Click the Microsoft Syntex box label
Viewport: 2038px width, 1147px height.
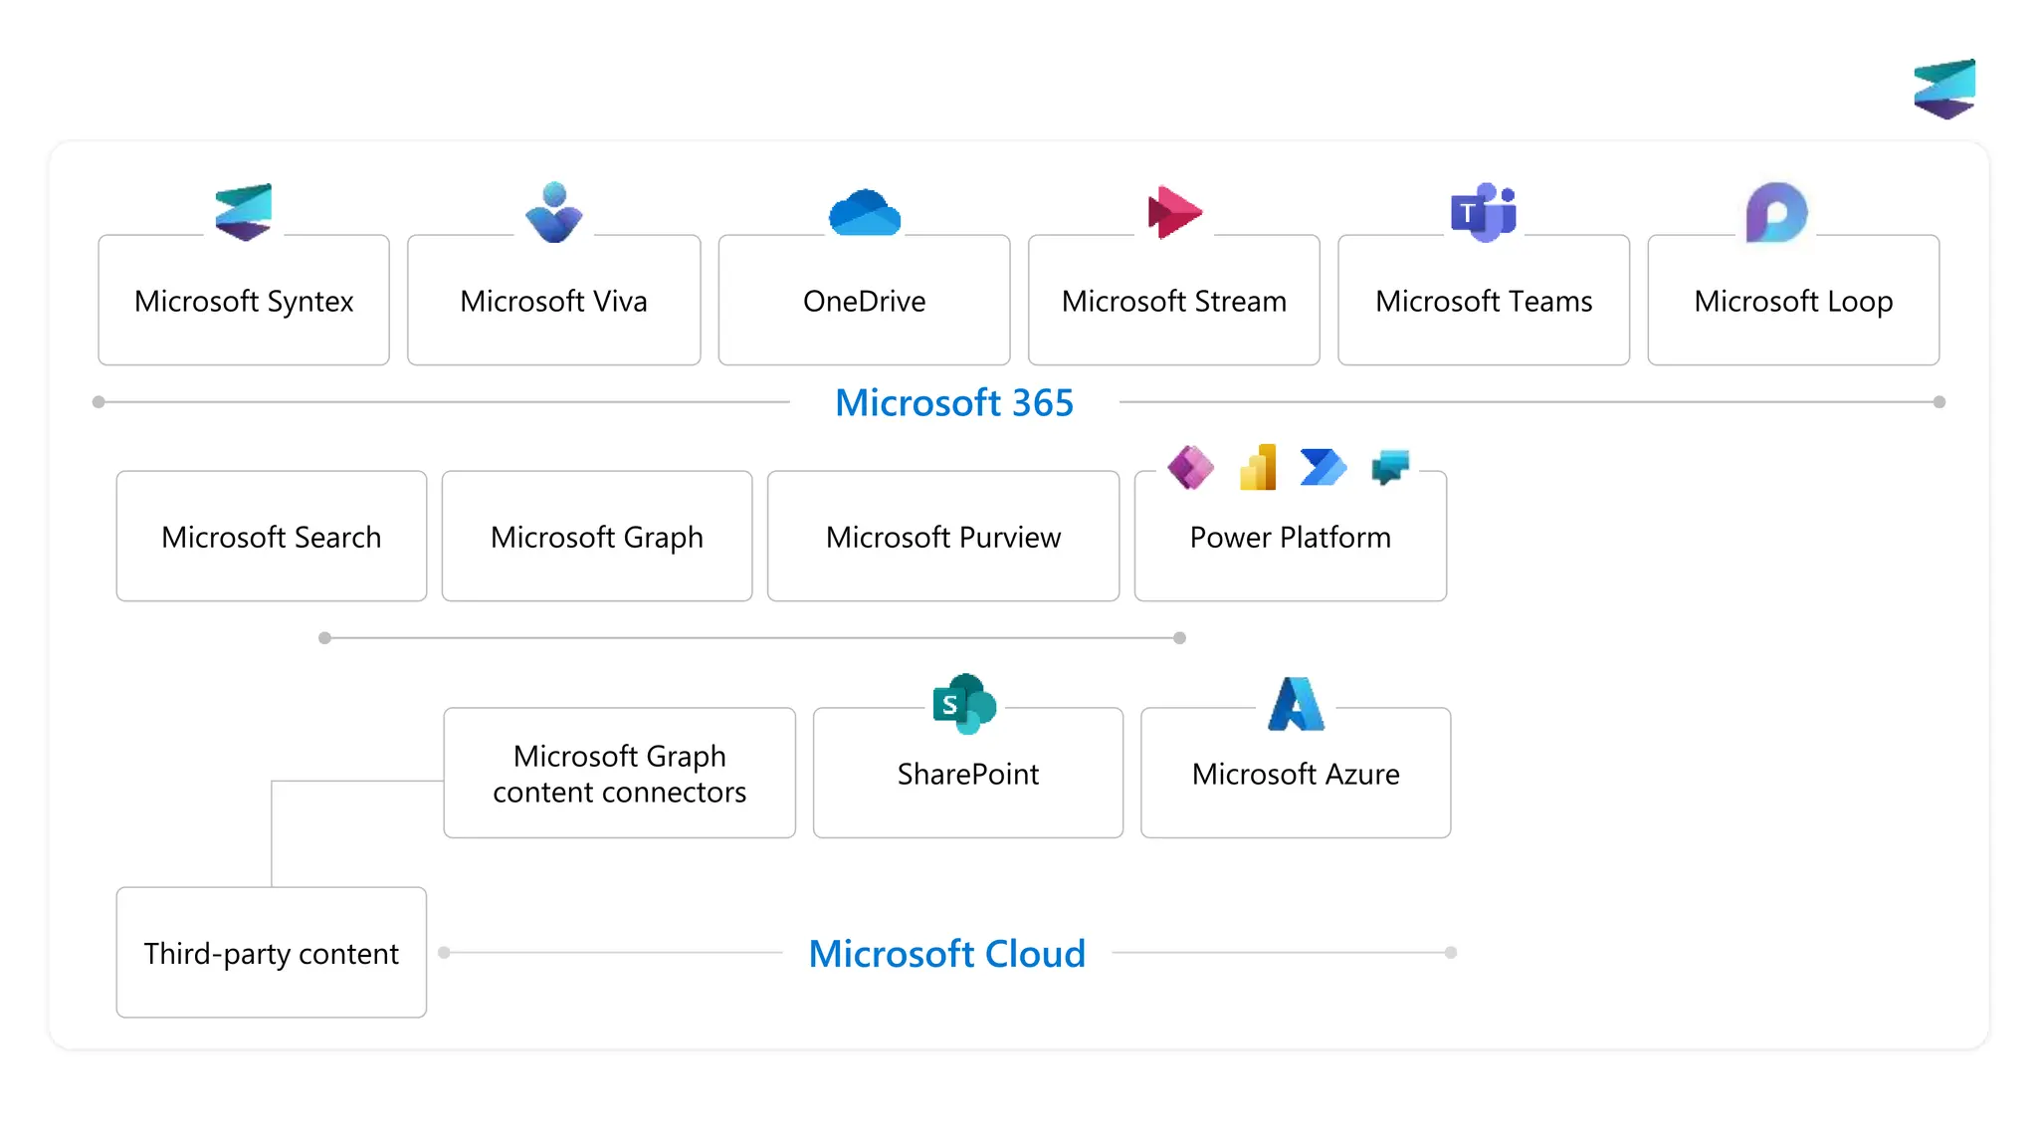[x=244, y=301]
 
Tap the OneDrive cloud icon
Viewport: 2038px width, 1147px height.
[x=865, y=213]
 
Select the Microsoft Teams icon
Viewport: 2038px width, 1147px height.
[x=1483, y=212]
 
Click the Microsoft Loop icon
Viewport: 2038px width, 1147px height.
[x=1776, y=212]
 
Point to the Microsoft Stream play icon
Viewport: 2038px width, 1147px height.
[x=1174, y=212]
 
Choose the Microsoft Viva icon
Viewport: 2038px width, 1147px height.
[x=554, y=212]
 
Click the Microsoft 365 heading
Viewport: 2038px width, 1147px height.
[x=954, y=402]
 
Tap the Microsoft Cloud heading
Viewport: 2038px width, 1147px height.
[x=946, y=953]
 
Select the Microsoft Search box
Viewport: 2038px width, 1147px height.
[x=272, y=537]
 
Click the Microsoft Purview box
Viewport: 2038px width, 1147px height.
[x=943, y=537]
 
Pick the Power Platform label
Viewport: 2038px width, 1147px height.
[x=1290, y=537]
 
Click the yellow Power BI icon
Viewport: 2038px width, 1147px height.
[x=1258, y=467]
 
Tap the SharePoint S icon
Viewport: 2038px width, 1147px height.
[x=964, y=704]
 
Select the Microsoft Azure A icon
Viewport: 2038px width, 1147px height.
[x=1296, y=704]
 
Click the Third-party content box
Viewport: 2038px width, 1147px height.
[x=272, y=953]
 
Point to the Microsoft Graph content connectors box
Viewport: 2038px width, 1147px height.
[x=619, y=774]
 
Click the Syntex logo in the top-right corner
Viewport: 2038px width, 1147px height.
[x=1944, y=89]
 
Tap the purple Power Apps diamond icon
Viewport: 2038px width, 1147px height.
[x=1190, y=467]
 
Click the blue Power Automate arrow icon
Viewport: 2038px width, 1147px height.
[x=1323, y=467]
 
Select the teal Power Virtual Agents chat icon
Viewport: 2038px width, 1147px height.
[x=1390, y=466]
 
